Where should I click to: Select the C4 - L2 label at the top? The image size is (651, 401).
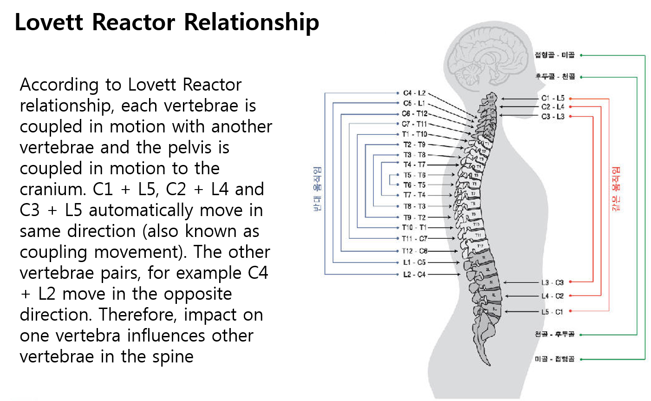coord(414,93)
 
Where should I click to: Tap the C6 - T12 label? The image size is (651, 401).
coord(414,114)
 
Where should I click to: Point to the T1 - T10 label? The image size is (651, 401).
coord(414,134)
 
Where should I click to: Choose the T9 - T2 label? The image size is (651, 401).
coord(414,217)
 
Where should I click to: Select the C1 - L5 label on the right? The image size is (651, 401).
coord(553,98)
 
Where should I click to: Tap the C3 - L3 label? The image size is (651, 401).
coord(553,117)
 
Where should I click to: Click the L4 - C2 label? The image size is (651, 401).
coord(552,296)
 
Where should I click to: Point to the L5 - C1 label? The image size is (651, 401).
coord(552,312)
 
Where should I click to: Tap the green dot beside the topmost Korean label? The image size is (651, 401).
coord(581,55)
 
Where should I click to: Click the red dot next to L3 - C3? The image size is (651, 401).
coord(570,282)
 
